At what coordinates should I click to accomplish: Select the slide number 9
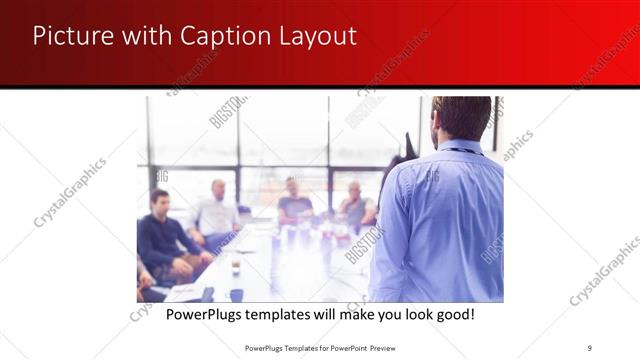click(x=590, y=348)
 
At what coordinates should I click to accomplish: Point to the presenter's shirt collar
click(x=459, y=147)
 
